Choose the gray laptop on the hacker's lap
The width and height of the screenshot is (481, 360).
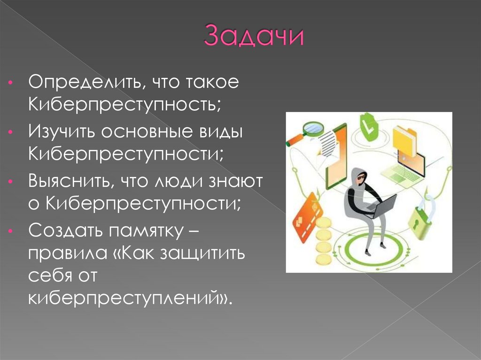tap(382, 204)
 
